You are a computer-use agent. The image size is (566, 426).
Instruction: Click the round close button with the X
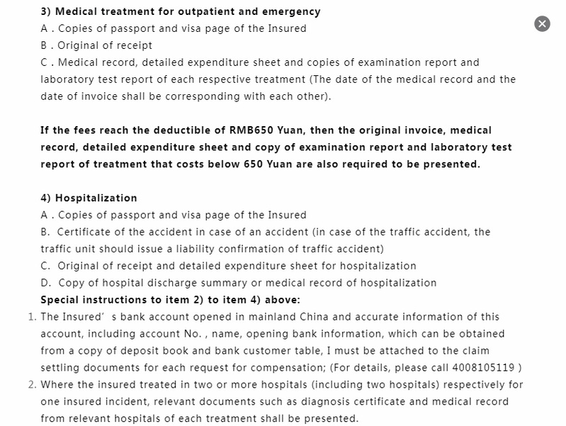542,23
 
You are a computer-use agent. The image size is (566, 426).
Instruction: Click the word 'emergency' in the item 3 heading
292,11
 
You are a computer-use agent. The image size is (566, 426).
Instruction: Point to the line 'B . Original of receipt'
96,45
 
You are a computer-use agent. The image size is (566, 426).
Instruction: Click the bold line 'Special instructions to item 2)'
170,300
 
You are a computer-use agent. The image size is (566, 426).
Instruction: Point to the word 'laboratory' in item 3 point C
67,79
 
